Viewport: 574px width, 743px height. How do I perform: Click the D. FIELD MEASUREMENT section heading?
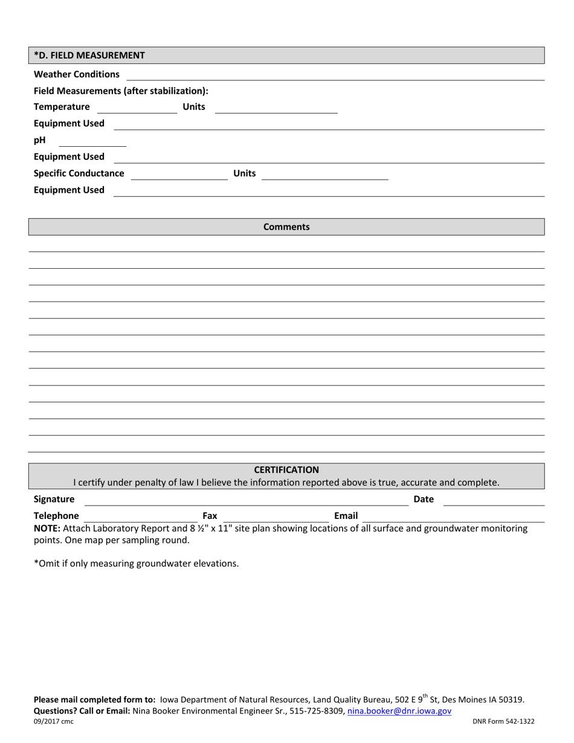[x=89, y=56]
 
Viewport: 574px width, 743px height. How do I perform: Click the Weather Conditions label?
[x=77, y=74]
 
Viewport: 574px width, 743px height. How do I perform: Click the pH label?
[x=39, y=140]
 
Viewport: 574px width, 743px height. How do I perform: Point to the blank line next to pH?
[x=92, y=142]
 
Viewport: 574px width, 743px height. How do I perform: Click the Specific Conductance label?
[x=79, y=174]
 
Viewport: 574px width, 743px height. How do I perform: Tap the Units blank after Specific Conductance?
[x=324, y=175]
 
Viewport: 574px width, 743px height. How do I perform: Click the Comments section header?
[x=286, y=227]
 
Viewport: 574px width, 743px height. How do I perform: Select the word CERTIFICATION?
[x=286, y=470]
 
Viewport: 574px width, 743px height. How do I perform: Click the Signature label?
[x=54, y=500]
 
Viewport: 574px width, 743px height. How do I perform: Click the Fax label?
[x=210, y=516]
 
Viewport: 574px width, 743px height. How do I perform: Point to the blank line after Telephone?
[x=140, y=518]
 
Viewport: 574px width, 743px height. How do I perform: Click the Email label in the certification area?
[x=346, y=516]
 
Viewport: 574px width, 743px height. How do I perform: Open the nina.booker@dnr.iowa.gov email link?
[x=399, y=712]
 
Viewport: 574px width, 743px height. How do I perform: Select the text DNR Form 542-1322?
[x=504, y=721]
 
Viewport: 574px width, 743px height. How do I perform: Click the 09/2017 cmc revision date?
[x=54, y=721]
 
